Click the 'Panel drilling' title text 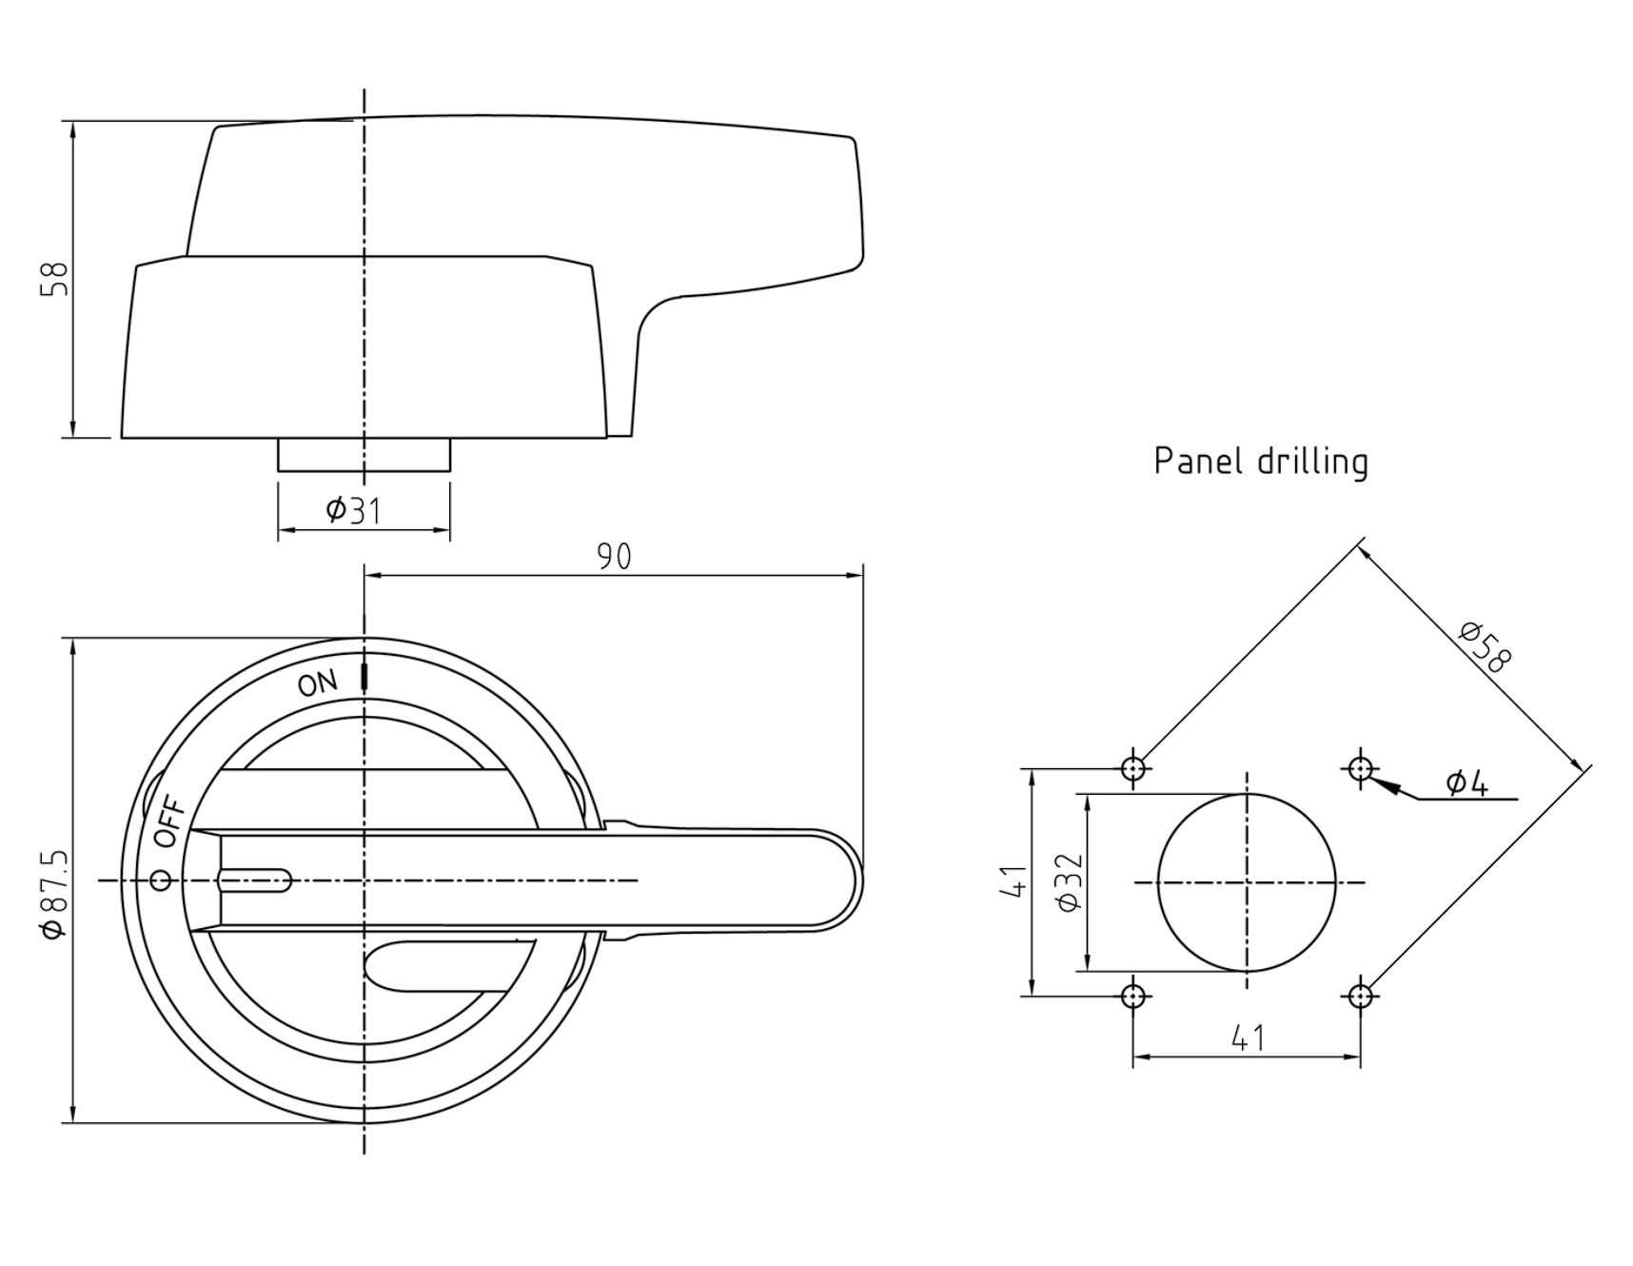[1261, 461]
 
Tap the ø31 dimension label [353, 510]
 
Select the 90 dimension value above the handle [614, 557]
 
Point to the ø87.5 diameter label [54, 895]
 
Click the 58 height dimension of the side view [54, 279]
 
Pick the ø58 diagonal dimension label [1485, 646]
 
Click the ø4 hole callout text [1466, 782]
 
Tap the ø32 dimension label [1071, 882]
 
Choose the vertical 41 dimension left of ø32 [1014, 880]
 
